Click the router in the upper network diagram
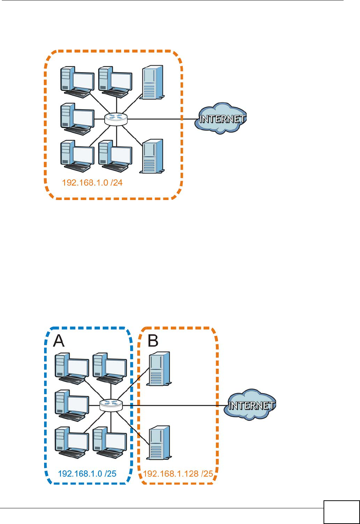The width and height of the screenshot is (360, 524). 116,119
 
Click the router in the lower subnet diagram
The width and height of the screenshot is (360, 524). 111,405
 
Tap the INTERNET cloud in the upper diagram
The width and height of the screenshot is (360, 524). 220,118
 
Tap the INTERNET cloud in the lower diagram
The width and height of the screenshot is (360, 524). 250,405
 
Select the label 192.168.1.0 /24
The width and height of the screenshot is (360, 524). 92,183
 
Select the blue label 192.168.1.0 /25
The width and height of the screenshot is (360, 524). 87,474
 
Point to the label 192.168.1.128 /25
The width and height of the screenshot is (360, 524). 178,474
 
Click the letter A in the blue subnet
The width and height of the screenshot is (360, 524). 59,341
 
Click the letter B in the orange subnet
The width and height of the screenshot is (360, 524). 153,341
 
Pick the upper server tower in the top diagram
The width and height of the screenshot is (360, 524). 152,82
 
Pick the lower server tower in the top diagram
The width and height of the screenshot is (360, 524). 152,156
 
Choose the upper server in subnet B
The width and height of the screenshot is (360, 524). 159,368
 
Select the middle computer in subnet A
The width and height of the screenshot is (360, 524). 72,406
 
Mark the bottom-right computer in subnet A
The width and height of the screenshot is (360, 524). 110,443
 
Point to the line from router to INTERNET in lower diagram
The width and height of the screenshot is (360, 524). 173,406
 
